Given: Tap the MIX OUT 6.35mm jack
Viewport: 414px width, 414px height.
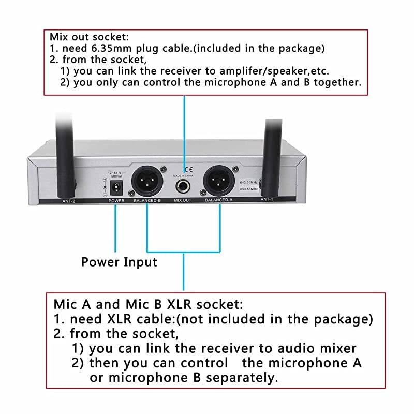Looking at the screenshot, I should pos(183,187).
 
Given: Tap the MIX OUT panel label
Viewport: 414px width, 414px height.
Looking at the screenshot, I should pos(183,200).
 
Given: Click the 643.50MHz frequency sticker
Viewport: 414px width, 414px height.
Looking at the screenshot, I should pos(249,182).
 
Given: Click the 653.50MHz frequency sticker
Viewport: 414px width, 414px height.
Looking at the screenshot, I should pos(249,190).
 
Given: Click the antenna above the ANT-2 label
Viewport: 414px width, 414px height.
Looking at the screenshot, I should pos(64,155).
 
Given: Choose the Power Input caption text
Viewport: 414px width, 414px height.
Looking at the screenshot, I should pos(119,262).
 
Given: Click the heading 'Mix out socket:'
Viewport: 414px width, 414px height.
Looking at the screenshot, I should pos(89,37).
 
